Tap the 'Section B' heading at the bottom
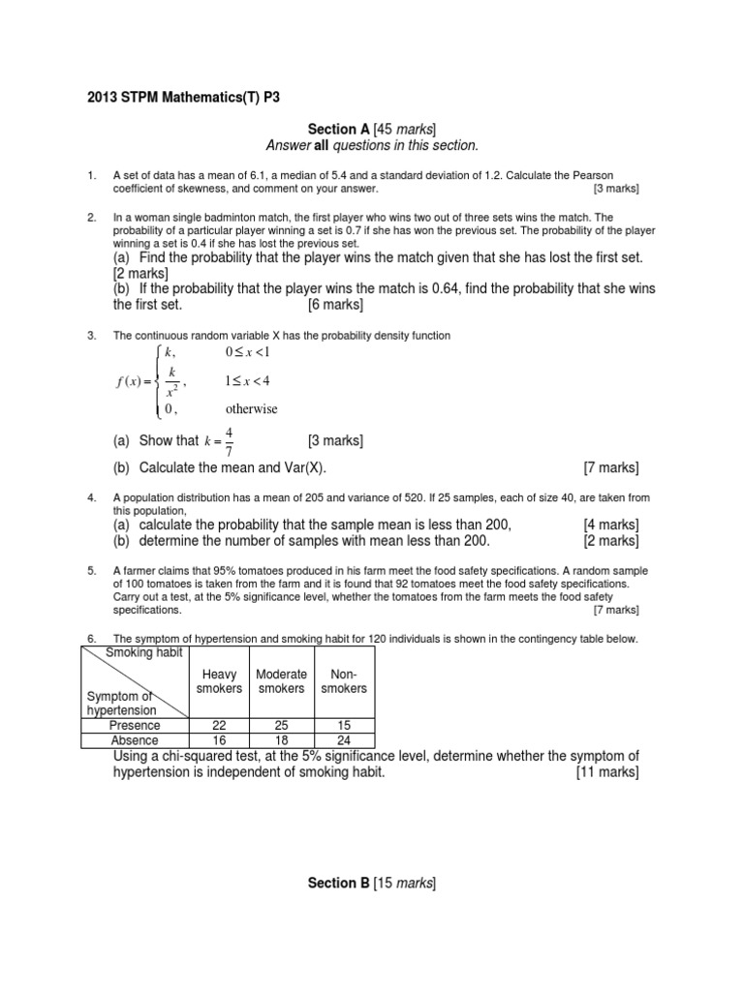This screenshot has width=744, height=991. (339, 883)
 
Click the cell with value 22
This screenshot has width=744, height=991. (219, 725)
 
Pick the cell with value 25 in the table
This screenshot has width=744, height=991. (281, 725)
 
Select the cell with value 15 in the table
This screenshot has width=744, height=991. (344, 725)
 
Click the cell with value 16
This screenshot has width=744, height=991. (219, 740)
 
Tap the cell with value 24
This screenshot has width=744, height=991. (344, 740)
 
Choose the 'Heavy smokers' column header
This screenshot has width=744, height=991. (219, 681)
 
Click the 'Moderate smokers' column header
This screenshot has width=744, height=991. (281, 681)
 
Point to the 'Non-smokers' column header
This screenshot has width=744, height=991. (344, 681)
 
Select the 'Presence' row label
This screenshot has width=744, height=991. (135, 725)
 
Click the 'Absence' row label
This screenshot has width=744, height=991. (135, 740)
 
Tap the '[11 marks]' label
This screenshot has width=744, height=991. (606, 772)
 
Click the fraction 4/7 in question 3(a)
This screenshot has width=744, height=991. (229, 441)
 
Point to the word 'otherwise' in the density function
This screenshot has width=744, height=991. (251, 409)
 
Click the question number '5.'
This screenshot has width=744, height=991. (92, 571)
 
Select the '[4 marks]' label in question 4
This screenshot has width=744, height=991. (610, 524)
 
